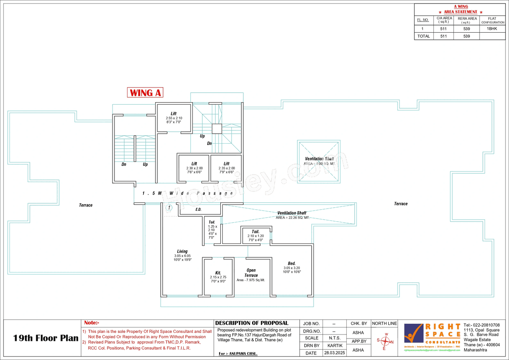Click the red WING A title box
click(146, 93)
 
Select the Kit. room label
click(218, 273)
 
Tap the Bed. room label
click(292, 263)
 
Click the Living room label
click(183, 251)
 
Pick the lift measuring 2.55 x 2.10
click(174, 114)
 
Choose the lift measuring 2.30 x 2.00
click(194, 164)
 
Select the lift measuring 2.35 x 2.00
click(227, 164)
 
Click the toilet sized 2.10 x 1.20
click(255, 232)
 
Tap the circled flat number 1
click(169, 208)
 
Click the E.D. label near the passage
click(198, 209)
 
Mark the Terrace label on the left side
click(85, 205)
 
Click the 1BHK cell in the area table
click(492, 29)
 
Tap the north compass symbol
click(384, 341)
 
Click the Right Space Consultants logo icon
click(414, 333)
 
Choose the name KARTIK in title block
click(333, 346)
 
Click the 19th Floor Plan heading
click(46, 339)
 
